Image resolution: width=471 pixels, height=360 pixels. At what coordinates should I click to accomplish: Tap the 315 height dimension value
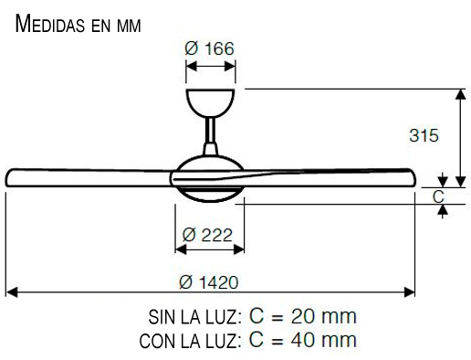(424, 135)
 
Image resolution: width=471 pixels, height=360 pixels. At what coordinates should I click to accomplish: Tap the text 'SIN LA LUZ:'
(194, 318)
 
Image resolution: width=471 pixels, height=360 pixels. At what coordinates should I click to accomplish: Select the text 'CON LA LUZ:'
(190, 342)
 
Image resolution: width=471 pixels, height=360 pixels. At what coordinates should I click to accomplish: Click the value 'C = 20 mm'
(301, 317)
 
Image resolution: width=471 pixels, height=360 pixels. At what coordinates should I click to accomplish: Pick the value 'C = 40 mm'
(301, 341)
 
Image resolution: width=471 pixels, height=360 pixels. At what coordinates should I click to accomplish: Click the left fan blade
(87, 175)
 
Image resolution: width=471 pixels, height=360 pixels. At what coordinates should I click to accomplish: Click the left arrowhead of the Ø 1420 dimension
(11, 293)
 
